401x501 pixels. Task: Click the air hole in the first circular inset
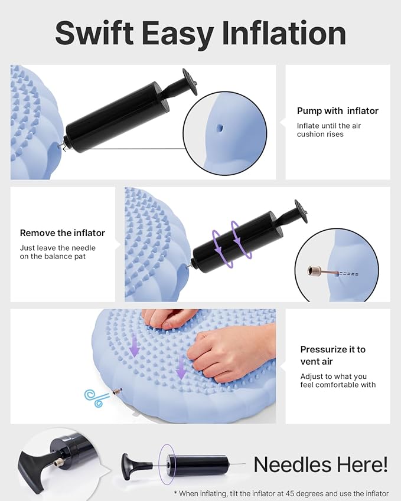220,126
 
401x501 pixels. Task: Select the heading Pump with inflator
337,111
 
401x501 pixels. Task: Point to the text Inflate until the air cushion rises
328,130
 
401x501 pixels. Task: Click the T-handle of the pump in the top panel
190,81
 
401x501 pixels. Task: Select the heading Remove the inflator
63,233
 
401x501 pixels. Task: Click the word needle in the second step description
82,248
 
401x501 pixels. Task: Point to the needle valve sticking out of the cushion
118,392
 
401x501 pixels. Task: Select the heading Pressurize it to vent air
332,355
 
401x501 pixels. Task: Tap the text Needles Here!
321,464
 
